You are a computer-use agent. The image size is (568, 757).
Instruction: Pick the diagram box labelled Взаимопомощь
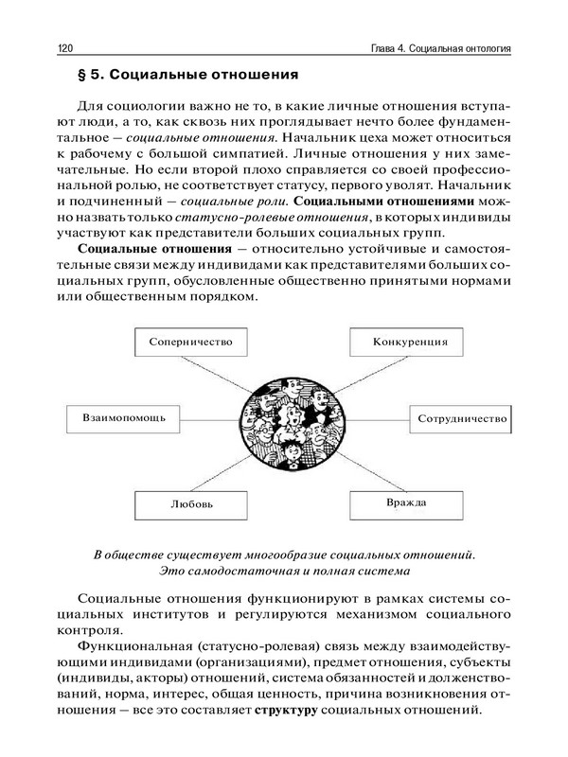(x=118, y=416)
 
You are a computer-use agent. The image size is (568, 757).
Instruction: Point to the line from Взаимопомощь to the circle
(x=203, y=417)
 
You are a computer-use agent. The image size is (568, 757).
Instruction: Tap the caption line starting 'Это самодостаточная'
(x=284, y=570)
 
